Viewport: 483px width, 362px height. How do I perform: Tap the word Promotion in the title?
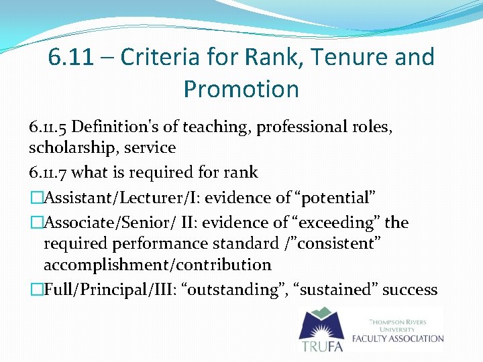click(241, 88)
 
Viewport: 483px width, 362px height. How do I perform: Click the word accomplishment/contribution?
click(157, 265)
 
